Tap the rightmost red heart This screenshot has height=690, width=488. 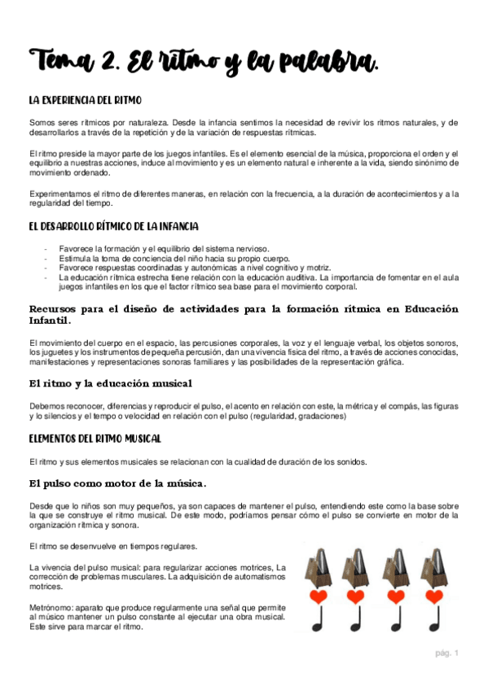[x=434, y=596]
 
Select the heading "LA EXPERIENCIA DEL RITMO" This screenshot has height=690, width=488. [x=85, y=100]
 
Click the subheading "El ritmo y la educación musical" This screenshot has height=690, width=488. [x=111, y=383]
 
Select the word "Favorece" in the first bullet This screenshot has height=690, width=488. [x=76, y=248]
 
